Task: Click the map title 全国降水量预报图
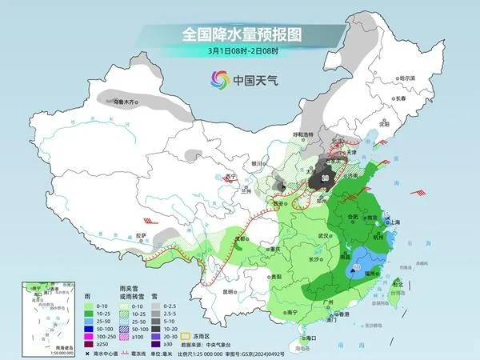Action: click(240, 34)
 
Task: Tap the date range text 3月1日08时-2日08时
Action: click(240, 50)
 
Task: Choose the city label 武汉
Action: click(323, 236)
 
